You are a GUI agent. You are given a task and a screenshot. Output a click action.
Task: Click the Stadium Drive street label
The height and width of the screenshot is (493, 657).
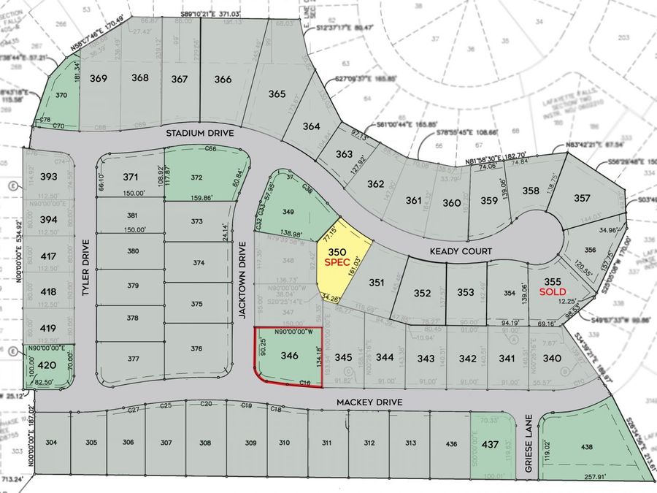[199, 134]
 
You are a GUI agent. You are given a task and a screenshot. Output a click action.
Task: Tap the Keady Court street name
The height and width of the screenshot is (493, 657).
[461, 251]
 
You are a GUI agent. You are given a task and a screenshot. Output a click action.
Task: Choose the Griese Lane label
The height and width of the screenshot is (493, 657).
[530, 446]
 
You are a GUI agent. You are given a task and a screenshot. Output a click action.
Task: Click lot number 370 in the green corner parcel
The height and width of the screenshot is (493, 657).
[61, 95]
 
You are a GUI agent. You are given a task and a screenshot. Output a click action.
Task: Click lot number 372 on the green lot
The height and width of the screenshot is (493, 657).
[196, 177]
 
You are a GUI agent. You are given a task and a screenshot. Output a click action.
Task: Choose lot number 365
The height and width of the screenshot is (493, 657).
[277, 93]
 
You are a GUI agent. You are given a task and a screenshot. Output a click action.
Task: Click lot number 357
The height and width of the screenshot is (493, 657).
[581, 198]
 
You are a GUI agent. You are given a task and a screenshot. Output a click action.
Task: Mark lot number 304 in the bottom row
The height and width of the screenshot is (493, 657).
[51, 443]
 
